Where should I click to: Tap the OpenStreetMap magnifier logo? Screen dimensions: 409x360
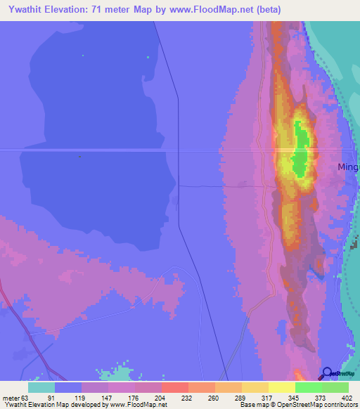(x=328, y=373)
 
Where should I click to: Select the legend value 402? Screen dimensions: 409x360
(x=343, y=398)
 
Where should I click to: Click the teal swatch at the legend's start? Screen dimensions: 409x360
(x=41, y=387)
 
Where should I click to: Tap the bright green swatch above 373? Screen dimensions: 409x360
(x=308, y=387)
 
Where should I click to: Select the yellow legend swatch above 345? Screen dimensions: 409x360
(x=281, y=387)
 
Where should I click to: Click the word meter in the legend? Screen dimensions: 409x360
(x=11, y=398)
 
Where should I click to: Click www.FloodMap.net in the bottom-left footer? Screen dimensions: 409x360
(x=143, y=405)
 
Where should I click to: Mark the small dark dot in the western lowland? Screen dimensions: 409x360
(x=80, y=156)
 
